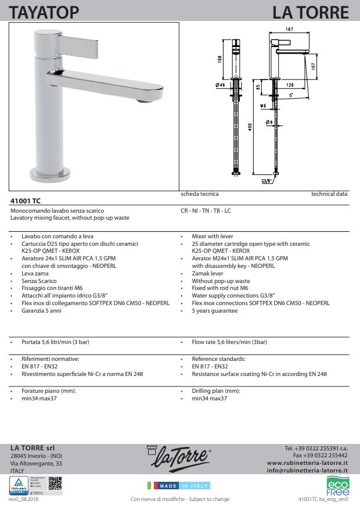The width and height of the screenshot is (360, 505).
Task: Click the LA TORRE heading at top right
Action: (311, 11)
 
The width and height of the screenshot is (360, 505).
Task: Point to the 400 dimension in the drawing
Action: (250, 127)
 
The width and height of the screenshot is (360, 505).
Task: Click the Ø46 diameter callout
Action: (220, 85)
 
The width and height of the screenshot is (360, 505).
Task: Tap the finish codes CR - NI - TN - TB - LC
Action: (206, 210)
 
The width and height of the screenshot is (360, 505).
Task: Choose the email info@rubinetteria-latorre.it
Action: (307, 471)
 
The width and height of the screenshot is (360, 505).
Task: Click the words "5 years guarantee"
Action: (214, 310)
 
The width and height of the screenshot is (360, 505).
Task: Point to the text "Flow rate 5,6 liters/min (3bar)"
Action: (229, 342)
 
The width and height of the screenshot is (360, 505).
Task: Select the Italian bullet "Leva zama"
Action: (34, 273)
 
